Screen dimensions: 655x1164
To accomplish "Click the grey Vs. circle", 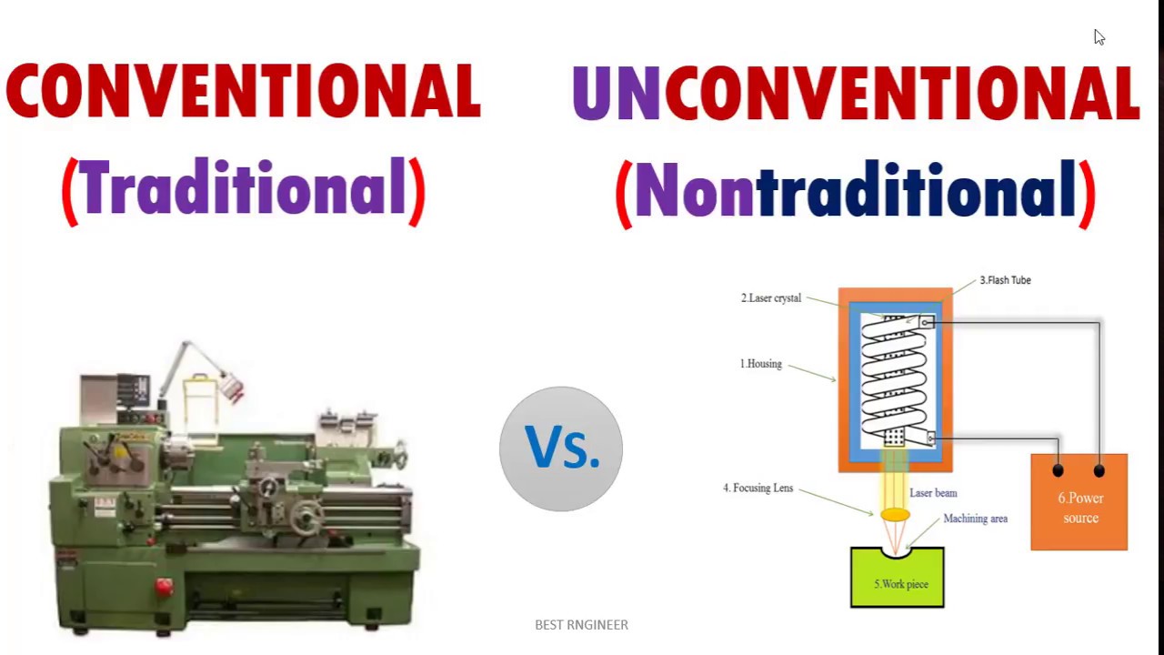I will coord(561,448).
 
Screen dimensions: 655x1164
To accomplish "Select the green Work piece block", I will coord(898,582).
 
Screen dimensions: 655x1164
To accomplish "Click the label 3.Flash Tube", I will coord(1005,280).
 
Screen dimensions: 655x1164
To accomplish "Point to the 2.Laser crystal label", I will coord(770,298).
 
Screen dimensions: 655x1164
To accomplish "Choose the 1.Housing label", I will coord(760,364).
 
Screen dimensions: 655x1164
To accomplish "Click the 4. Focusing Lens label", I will coord(758,489).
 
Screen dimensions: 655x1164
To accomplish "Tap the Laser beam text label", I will coord(933,493).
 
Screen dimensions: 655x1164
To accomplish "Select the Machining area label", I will coord(975,519).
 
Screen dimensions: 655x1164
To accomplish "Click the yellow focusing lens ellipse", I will coord(895,515).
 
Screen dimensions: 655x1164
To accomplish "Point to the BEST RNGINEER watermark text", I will coord(581,625).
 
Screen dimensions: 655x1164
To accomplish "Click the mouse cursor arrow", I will coord(1099,36).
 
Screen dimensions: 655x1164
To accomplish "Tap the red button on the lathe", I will coord(164,588).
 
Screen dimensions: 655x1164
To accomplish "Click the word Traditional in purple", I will coord(243,189).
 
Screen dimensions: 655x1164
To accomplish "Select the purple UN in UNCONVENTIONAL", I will coord(616,94).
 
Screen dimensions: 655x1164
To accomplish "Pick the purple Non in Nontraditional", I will coord(694,191).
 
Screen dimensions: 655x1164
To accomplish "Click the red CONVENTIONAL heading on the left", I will coord(243,92).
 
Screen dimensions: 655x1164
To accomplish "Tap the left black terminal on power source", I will coord(1058,470).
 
